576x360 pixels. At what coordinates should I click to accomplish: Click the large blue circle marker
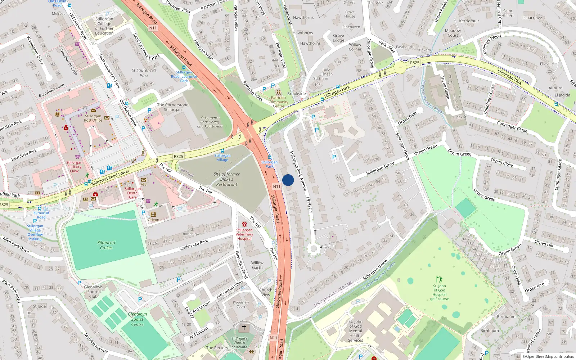coord(288,180)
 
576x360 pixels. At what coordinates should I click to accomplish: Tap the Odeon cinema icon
coord(154,215)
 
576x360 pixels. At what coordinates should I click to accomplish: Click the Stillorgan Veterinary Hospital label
coord(244,234)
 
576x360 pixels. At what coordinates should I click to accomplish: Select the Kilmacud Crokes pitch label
coord(106,245)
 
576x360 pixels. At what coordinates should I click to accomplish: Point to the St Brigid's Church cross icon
coord(244,327)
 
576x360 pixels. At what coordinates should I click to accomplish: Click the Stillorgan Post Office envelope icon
coord(93,111)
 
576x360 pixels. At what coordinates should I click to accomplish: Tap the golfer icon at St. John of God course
coord(439,279)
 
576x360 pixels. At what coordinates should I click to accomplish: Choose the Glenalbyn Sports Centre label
coord(137,319)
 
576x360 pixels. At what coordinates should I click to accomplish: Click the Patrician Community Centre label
coord(278,102)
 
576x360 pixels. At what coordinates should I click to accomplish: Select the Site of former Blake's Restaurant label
coord(226,179)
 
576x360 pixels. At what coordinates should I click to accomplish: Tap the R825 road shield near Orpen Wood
coord(414,63)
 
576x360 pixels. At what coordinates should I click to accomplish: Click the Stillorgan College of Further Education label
coord(104,26)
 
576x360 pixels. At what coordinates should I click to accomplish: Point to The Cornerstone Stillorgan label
coord(173,107)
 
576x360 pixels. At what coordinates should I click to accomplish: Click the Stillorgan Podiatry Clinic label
coord(74,167)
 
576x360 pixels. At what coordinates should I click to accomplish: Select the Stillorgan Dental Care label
coord(133,193)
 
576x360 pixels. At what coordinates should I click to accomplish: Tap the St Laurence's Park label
coord(144,73)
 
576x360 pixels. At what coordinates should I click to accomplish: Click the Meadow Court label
coord(453,33)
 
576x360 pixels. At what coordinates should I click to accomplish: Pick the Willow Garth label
coord(257,265)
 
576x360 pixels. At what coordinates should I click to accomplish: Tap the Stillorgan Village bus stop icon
coord(222,151)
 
